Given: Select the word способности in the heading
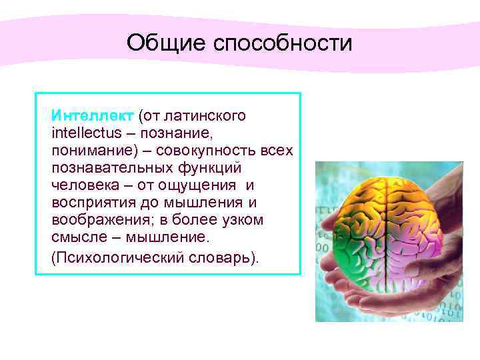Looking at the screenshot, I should [x=282, y=43].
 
